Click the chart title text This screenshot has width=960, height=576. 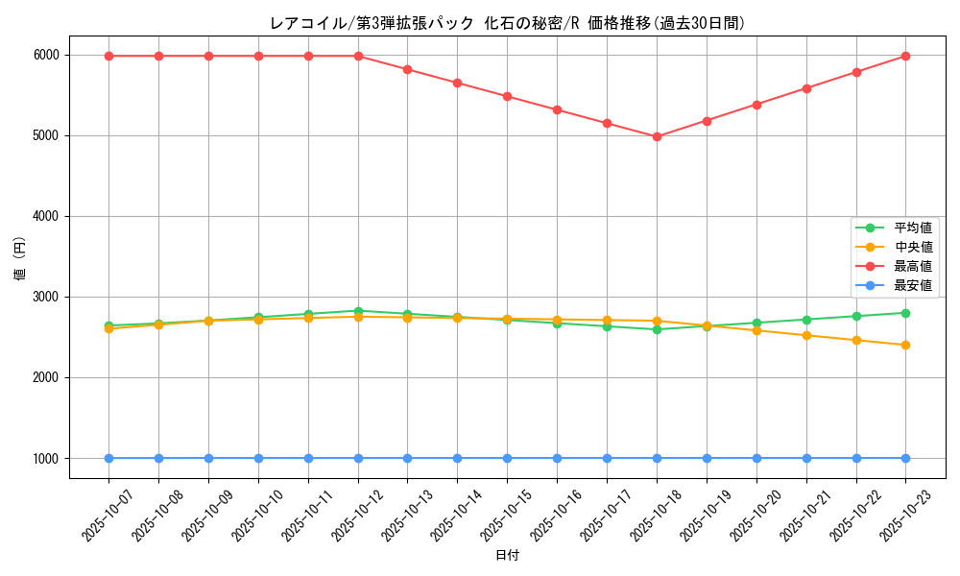(x=507, y=23)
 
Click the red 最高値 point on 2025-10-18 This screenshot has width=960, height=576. (x=657, y=136)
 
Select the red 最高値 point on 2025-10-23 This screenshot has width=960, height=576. (x=905, y=56)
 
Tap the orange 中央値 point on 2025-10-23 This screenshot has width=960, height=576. (x=905, y=345)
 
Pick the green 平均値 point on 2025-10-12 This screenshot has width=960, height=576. (x=358, y=311)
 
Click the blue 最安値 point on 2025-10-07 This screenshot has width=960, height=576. (x=108, y=458)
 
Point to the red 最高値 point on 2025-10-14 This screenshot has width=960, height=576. (x=457, y=83)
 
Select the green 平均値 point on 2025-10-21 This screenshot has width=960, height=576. (x=806, y=320)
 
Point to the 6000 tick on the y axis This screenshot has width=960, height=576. (x=46, y=56)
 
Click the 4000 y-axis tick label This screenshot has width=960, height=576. (x=46, y=217)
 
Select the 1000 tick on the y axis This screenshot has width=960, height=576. (x=46, y=459)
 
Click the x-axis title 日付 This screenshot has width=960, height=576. (x=507, y=556)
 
